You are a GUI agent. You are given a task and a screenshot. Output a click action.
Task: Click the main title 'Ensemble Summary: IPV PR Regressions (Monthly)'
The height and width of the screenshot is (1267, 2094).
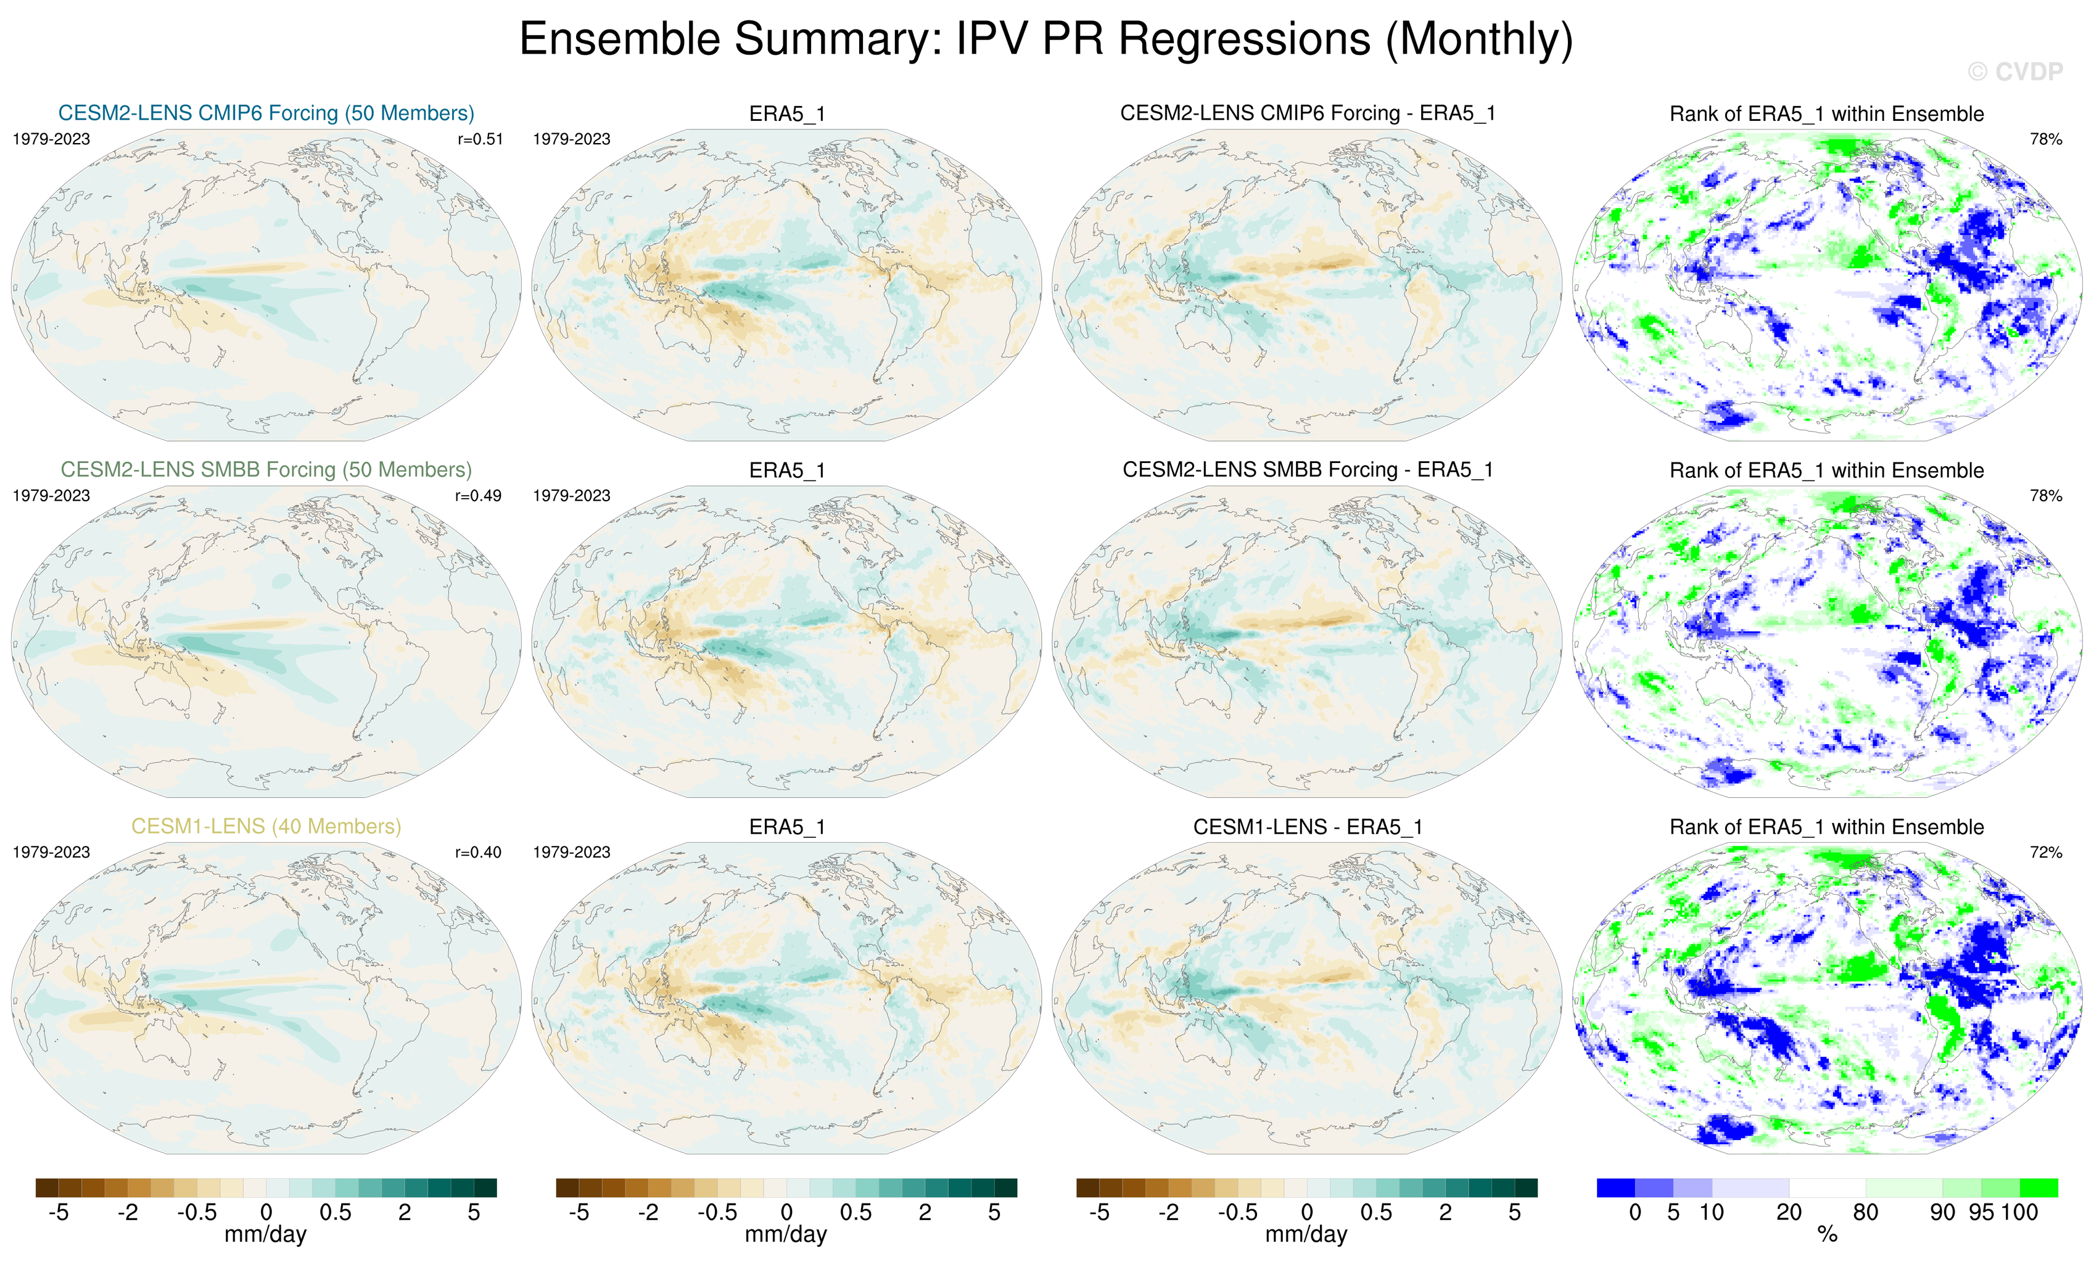click(1046, 39)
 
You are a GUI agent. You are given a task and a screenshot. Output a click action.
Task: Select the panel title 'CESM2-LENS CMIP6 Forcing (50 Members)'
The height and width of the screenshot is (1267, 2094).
click(266, 113)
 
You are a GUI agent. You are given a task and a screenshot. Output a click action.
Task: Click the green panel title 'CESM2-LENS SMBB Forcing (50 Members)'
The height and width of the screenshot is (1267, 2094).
click(266, 470)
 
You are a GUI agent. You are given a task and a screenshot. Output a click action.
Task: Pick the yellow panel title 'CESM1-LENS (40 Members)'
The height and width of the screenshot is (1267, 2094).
click(266, 826)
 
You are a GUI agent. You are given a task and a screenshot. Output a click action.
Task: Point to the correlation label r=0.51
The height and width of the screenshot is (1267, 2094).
click(480, 139)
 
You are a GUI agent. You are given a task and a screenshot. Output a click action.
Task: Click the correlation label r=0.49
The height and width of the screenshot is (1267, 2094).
click(479, 496)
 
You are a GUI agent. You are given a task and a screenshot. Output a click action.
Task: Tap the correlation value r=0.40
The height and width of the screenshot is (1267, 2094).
click(479, 852)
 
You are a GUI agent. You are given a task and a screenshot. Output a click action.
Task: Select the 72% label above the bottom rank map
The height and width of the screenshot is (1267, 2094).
click(2045, 852)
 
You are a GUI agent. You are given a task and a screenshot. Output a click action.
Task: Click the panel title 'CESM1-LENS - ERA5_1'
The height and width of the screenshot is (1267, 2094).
click(1307, 827)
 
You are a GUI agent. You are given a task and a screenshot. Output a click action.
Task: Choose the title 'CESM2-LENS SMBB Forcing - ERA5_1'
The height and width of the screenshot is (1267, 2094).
click(1307, 470)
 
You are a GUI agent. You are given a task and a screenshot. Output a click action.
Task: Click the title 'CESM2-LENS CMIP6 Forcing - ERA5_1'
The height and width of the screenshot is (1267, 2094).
click(1307, 113)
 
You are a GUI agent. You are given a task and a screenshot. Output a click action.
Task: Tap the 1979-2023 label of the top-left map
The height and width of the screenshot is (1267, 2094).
click(51, 139)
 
